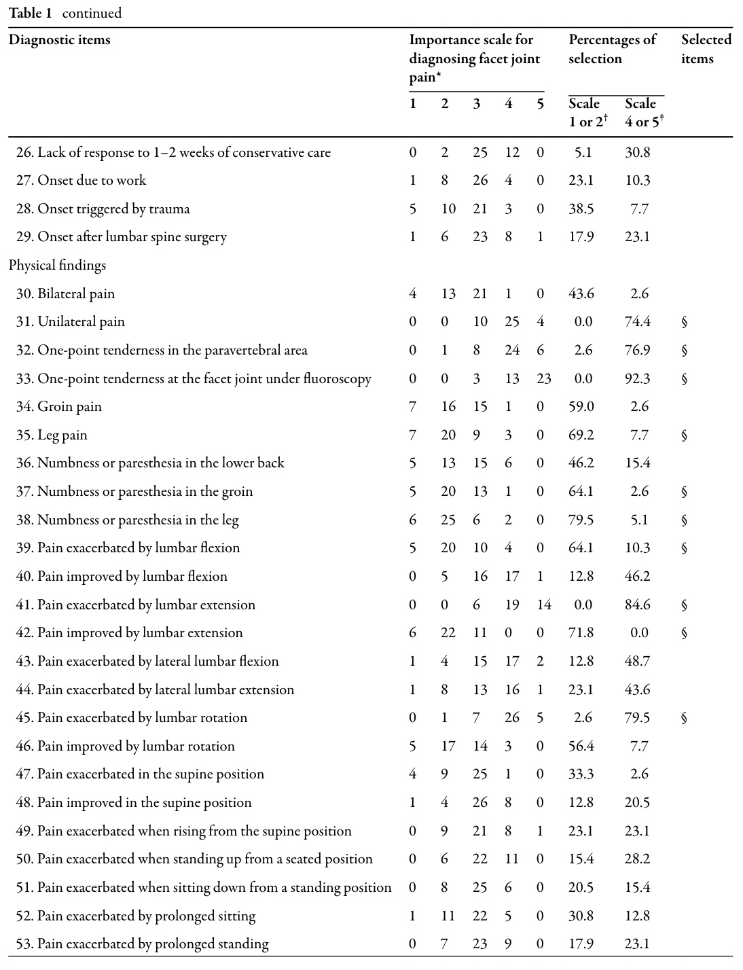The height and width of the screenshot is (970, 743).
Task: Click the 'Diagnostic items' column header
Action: click(x=59, y=40)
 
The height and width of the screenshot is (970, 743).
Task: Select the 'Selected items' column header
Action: click(x=706, y=49)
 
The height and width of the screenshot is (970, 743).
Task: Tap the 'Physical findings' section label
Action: click(x=58, y=266)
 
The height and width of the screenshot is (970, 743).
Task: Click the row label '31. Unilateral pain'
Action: click(x=71, y=322)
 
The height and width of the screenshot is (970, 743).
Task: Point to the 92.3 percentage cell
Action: click(x=637, y=378)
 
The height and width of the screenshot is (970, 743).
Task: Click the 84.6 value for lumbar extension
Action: click(x=637, y=605)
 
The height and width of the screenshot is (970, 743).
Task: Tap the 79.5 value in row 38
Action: click(x=581, y=520)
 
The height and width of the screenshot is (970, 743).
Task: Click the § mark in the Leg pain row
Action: click(x=684, y=435)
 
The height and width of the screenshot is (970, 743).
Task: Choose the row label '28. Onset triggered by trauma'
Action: click(x=103, y=209)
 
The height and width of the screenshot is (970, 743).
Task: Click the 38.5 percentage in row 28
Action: click(x=581, y=209)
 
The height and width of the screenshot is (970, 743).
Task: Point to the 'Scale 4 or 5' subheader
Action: click(x=644, y=113)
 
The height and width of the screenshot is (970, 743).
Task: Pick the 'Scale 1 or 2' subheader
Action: click(x=587, y=113)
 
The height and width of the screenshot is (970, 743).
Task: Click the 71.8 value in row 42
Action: click(x=581, y=633)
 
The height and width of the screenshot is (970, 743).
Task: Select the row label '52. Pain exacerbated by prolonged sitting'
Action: click(x=136, y=916)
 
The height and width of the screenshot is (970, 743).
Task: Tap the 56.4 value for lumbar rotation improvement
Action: click(x=581, y=746)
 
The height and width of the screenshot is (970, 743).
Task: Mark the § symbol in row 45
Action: click(x=684, y=718)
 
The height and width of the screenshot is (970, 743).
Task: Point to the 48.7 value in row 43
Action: click(x=637, y=661)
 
